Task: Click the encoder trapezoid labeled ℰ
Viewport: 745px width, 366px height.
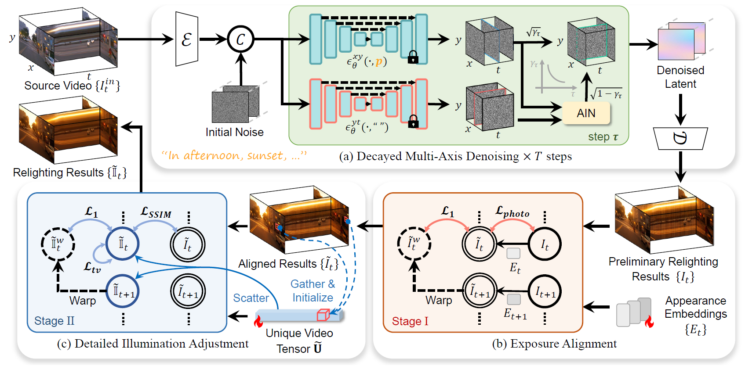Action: (187, 39)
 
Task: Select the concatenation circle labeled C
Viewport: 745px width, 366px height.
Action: (240, 39)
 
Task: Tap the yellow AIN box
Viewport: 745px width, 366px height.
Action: (586, 113)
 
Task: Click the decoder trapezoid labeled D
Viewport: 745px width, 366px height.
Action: (680, 139)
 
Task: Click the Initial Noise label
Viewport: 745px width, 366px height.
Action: (234, 132)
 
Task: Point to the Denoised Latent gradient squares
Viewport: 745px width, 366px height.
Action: (681, 41)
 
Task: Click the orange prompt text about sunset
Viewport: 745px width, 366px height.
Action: (234, 155)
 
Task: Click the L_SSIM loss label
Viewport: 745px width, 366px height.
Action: (156, 212)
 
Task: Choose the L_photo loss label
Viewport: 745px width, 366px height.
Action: (512, 212)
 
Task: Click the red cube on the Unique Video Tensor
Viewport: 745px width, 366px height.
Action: (323, 315)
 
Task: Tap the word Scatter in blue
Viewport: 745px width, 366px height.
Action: (251, 298)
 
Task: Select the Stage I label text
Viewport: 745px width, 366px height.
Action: (410, 321)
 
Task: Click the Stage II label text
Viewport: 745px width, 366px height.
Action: (54, 321)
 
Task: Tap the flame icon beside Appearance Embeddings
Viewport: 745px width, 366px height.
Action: (649, 322)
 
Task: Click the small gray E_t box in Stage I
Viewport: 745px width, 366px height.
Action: (513, 253)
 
